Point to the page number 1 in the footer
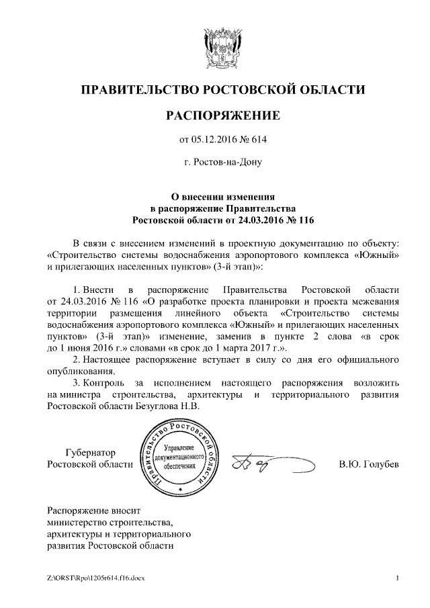point(398,578)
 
